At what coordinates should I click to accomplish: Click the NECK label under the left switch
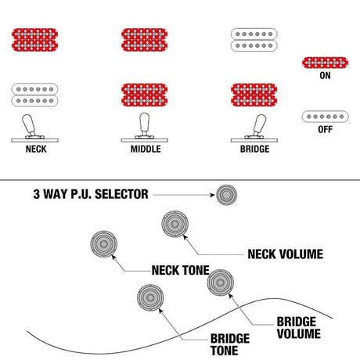[x=36, y=149]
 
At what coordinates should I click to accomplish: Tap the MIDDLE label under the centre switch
[x=146, y=149]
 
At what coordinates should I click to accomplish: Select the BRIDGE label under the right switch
[x=255, y=149]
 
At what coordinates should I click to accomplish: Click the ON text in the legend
[x=325, y=76]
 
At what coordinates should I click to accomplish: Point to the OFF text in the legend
[x=325, y=129]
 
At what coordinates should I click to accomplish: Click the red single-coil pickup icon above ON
[x=325, y=63]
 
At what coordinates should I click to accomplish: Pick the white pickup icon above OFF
[x=325, y=117]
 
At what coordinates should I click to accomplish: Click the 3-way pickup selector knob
[x=226, y=195]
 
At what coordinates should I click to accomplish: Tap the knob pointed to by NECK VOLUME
[x=175, y=224]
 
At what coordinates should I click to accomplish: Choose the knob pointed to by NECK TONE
[x=104, y=244]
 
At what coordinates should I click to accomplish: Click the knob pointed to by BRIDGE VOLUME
[x=220, y=283]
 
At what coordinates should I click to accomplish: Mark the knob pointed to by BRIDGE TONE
[x=150, y=297]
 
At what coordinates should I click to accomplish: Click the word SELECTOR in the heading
[x=121, y=194]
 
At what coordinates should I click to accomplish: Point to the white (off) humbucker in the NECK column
[x=34, y=95]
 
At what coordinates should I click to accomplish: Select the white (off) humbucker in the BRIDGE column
[x=254, y=40]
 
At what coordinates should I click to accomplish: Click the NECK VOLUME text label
[x=286, y=254]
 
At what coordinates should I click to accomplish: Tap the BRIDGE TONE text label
[x=230, y=344]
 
